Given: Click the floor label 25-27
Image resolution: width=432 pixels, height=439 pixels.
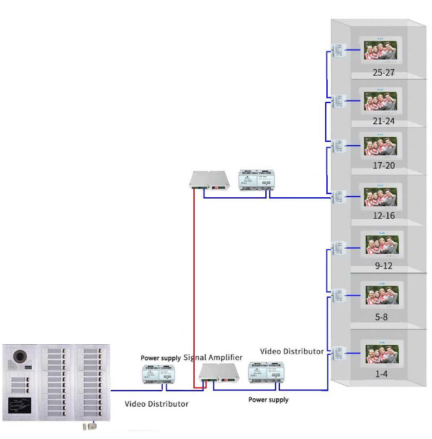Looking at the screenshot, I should point(384,73).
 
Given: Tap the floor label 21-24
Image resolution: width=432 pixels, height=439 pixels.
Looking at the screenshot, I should point(384,120).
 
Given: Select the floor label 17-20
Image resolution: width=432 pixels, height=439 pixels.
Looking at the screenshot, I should point(384,165).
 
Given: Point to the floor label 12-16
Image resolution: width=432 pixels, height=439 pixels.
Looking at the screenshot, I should point(384,216).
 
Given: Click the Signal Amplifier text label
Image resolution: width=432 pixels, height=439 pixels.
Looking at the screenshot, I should point(213,358).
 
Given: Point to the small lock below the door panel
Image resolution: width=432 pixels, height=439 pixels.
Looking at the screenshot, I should point(88,428).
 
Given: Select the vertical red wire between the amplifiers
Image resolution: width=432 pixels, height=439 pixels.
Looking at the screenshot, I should point(193,286).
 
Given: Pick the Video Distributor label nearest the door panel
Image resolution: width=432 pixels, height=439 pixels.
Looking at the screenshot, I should point(157,403).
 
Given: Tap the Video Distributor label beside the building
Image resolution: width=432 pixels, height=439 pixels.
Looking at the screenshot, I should point(292,351).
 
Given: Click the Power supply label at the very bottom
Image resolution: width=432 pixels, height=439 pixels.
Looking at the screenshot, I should point(268,400).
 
